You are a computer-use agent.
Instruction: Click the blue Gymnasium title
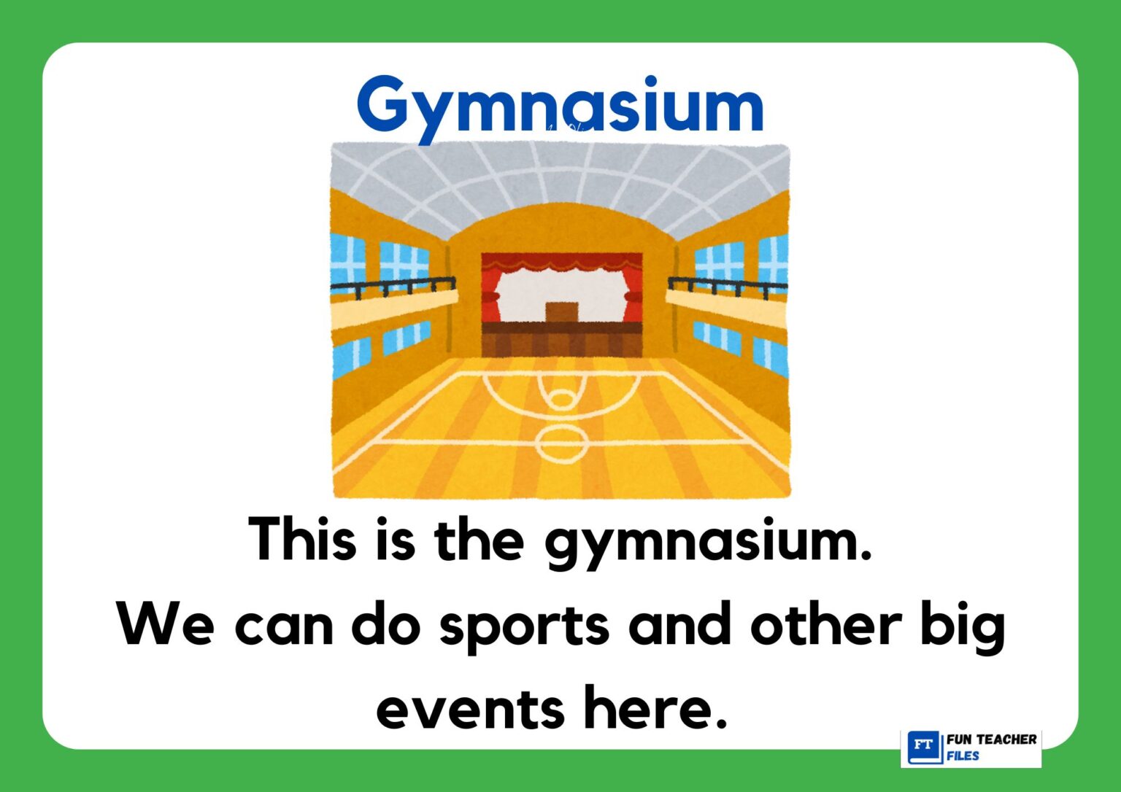(560, 106)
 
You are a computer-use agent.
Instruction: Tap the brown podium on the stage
(561, 311)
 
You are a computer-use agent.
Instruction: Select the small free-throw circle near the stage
(561, 398)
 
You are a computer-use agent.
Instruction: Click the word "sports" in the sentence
(524, 626)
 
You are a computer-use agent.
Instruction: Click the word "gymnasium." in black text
(709, 542)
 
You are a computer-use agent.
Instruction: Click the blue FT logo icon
(923, 747)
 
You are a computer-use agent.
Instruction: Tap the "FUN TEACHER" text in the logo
(991, 739)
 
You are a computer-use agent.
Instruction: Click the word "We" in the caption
(166, 626)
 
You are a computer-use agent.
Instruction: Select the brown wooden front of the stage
(561, 340)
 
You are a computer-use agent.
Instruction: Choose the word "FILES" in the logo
(963, 756)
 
